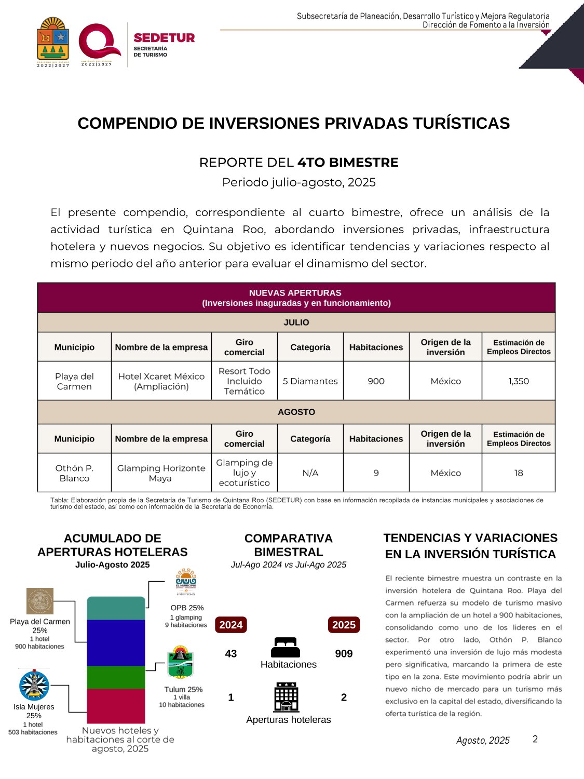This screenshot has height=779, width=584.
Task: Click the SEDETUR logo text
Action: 164,38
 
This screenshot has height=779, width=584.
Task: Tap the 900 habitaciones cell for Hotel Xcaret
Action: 376,381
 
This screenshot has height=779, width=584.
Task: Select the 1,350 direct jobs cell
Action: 518,381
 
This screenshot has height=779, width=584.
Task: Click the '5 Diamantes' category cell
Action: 310,381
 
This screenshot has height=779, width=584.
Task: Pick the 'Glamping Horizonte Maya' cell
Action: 161,473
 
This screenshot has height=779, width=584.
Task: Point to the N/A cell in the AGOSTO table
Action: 310,473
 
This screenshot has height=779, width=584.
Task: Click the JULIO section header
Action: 296,323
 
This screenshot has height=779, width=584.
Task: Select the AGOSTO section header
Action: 296,412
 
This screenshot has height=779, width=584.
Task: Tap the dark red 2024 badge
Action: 230,625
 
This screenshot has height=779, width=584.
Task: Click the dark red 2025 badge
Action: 344,625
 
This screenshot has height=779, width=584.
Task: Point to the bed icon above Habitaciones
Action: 286,648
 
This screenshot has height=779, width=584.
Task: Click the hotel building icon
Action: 287,697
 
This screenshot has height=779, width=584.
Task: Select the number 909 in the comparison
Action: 344,654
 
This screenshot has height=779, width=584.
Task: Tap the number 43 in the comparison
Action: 231,654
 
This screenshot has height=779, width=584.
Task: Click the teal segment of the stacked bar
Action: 116,608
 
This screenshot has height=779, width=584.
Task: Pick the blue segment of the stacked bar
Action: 116,642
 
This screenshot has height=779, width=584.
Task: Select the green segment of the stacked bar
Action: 116,677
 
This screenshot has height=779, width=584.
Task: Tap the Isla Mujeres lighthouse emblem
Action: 34,685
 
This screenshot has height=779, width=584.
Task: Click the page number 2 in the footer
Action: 535,739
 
